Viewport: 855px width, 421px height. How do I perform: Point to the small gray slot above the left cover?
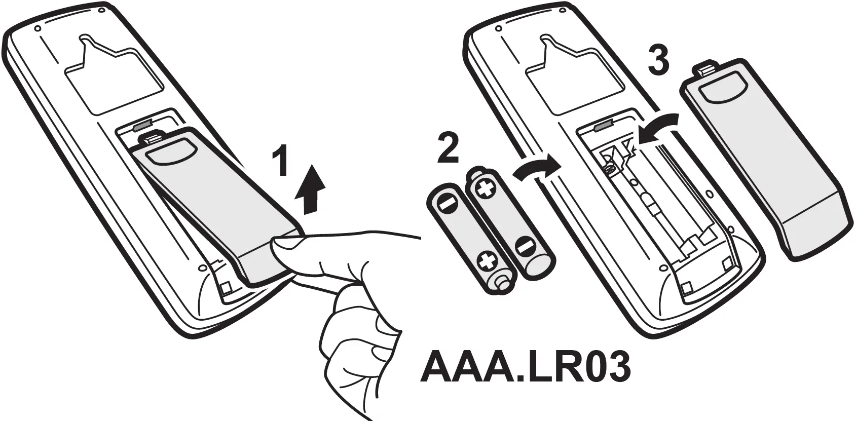tap(143, 124)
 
